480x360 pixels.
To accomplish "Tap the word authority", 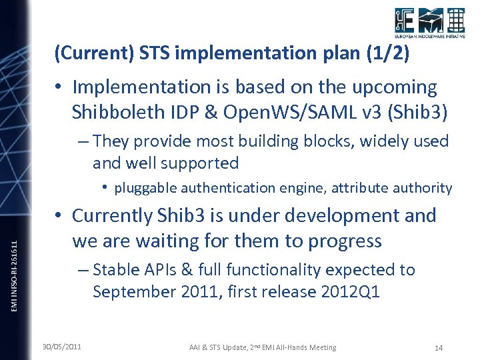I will pos(422,188).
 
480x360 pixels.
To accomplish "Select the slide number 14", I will pos(438,347).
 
